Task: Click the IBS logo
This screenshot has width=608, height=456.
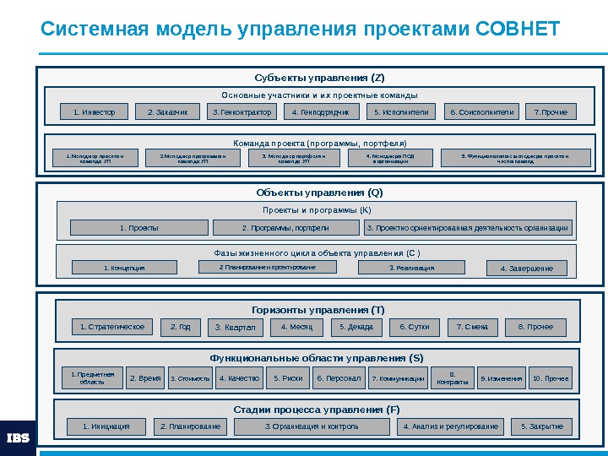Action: (18, 437)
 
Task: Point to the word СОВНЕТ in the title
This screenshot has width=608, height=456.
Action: (518, 30)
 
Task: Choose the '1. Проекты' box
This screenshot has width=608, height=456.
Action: (139, 228)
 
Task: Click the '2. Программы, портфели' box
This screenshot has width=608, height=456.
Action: (285, 228)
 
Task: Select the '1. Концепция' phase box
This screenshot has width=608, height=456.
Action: (124, 268)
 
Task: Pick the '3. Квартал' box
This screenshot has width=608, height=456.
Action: (235, 328)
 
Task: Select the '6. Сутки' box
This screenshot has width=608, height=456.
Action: (415, 327)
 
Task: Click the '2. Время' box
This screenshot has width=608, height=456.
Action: (145, 378)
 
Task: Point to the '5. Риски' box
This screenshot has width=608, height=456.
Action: (288, 378)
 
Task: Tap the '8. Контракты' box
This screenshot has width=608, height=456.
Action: (453, 378)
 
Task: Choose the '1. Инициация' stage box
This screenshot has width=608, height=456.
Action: (106, 426)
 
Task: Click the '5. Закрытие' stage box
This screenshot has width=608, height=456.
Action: (542, 426)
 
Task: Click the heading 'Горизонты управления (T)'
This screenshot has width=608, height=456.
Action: (318, 310)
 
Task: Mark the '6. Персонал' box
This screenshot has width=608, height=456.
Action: (339, 378)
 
